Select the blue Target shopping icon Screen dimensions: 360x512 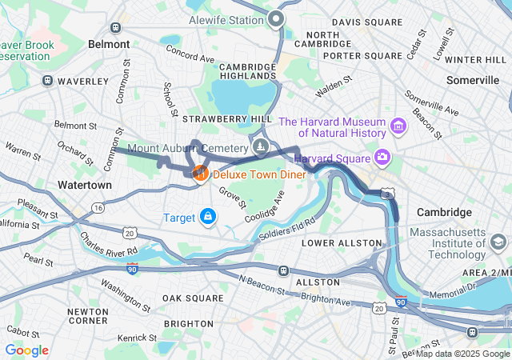point(208,216)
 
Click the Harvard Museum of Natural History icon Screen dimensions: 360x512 point(398,126)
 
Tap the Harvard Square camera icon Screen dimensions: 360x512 point(382,157)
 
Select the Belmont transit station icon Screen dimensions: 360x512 point(116,26)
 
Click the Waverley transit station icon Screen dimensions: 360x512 point(48,81)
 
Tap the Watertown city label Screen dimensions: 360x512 point(85,185)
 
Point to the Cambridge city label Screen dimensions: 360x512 point(444,212)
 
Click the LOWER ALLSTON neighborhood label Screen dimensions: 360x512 point(342,242)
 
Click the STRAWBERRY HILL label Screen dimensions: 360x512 point(216,118)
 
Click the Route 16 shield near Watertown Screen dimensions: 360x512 point(98,207)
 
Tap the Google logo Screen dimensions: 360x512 point(26,350)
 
